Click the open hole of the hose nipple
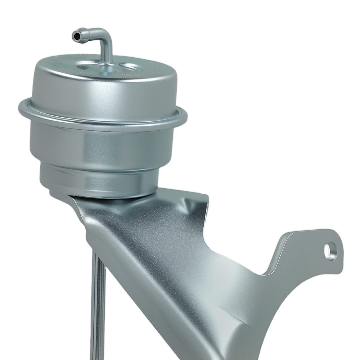click(76, 36)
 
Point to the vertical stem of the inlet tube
click(107, 52)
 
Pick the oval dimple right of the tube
click(130, 67)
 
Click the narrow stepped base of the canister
click(101, 182)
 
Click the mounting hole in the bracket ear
click(329, 251)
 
